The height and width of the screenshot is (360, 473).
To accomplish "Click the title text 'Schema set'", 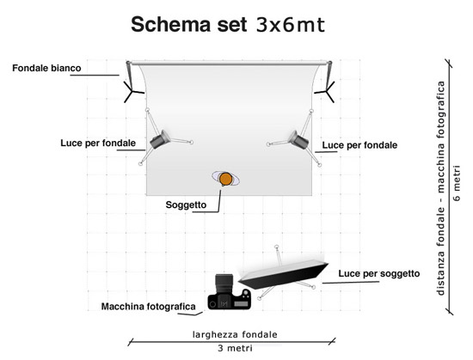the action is [189, 24].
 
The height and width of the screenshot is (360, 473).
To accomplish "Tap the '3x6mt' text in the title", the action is [291, 25].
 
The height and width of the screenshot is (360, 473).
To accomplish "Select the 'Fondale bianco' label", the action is [46, 68].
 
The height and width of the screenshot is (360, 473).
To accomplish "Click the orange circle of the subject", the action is [225, 179].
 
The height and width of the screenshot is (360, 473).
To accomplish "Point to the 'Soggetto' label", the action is [186, 204].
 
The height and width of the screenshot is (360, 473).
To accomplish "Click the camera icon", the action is [230, 292].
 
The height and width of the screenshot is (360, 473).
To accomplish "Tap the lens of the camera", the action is [224, 284].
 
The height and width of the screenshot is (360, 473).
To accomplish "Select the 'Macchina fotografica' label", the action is [149, 307].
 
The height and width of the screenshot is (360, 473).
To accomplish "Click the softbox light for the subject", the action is [283, 274].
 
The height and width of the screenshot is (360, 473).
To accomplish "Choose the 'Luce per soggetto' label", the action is [379, 273].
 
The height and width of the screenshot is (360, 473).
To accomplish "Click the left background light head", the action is [160, 139].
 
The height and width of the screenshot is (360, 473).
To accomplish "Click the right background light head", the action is [298, 139].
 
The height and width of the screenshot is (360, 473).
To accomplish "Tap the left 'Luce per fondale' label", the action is [98, 143].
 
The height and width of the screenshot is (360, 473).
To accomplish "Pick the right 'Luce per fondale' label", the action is [359, 145].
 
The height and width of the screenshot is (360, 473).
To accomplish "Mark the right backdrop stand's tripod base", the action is [326, 91].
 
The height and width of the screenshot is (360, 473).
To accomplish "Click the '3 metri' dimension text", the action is [235, 348].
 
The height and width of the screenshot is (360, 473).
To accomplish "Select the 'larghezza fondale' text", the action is [235, 334].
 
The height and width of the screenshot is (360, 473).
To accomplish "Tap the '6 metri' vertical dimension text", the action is [457, 183].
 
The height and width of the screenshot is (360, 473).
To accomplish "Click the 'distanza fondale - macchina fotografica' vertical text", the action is [440, 188].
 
